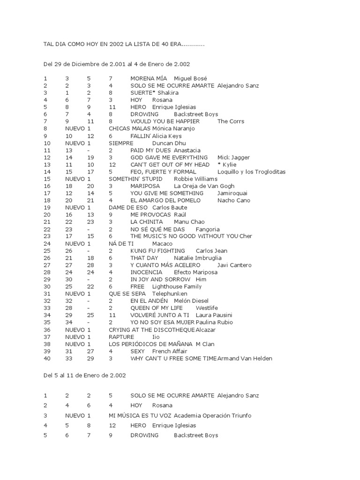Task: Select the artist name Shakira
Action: point(168,93)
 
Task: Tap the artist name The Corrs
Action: point(231,121)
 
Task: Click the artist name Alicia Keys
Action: point(166,136)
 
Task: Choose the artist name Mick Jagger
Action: point(233,157)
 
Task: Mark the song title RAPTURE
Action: point(121,337)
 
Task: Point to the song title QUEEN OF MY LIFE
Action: point(157,308)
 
